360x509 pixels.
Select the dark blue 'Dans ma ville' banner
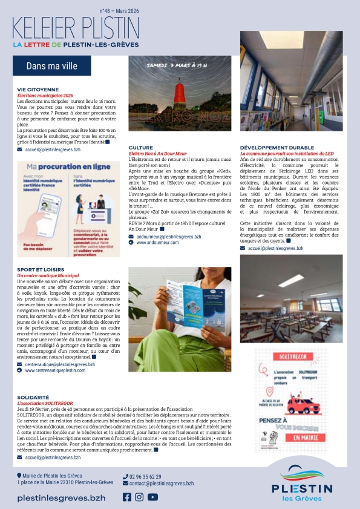(53, 66)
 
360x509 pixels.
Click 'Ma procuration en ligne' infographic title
(57, 166)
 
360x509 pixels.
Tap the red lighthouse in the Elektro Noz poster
(179, 103)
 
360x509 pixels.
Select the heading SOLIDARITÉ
(33, 397)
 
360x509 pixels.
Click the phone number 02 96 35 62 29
(145, 476)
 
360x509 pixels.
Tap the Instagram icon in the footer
(139, 497)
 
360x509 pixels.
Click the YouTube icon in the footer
(152, 497)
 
